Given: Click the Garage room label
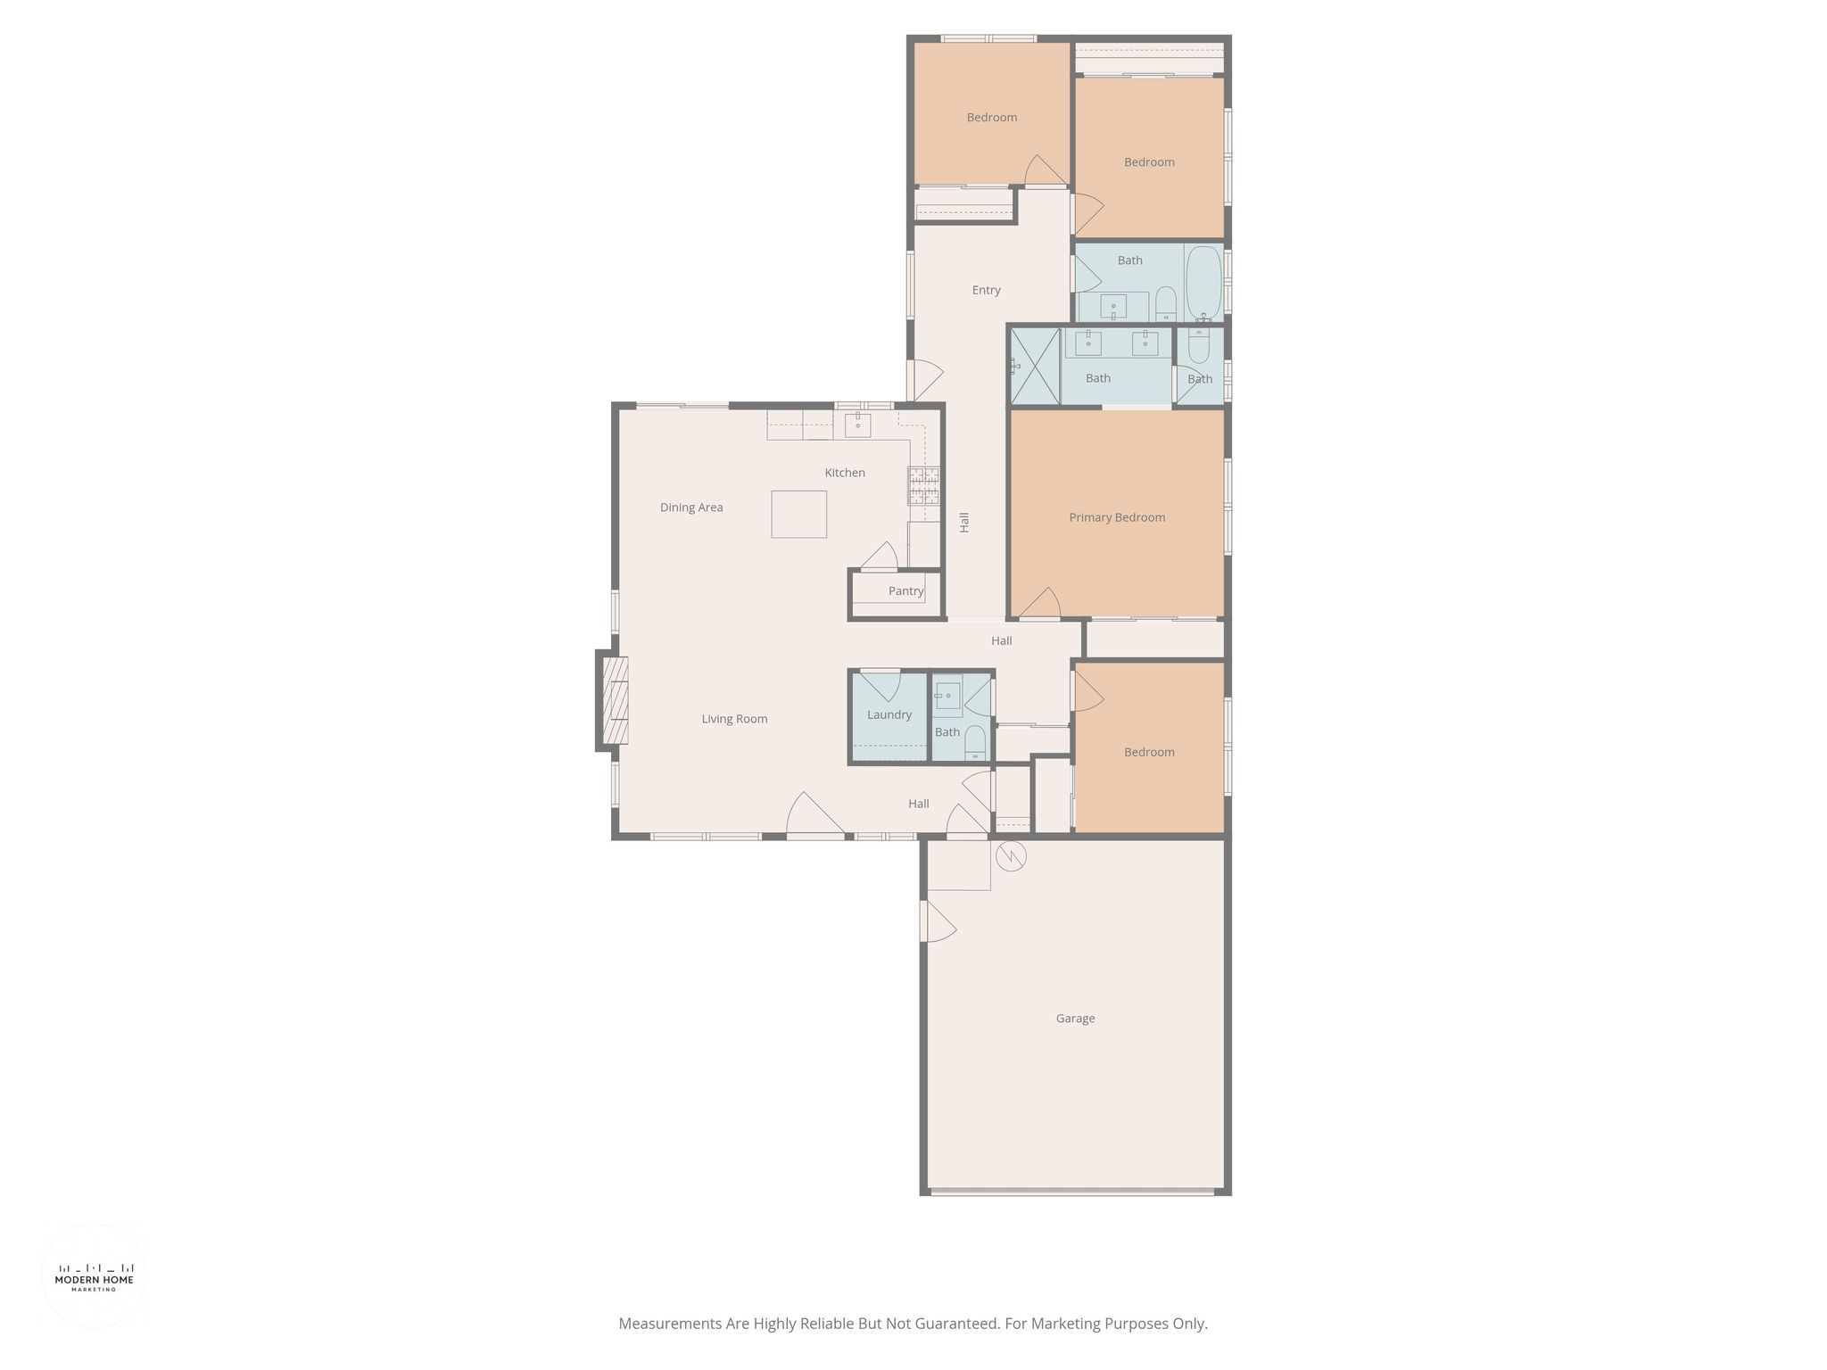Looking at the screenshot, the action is coord(1075,1019).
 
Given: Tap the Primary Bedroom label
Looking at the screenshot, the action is coord(1117,517).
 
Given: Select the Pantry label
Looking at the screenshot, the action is coord(905,591).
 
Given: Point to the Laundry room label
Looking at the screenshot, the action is coord(889,714).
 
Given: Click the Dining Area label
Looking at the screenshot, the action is coord(691,508).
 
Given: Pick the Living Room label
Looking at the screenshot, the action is coord(734,719).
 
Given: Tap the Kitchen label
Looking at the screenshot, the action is coord(845,473).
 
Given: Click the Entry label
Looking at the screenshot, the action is coord(986,290).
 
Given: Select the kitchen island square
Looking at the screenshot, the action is coord(798,514).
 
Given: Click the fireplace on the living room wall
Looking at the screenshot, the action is coord(615,700).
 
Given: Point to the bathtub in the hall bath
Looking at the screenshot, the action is coord(1203,282).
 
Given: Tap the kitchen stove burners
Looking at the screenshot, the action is coord(923,486).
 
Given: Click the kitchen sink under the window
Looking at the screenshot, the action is coord(857,424).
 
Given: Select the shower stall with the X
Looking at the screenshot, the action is coord(1035,366).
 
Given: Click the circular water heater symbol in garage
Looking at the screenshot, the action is coord(1012,856).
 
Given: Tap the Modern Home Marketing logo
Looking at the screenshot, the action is coord(94,1276).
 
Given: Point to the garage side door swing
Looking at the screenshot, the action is coord(938,920).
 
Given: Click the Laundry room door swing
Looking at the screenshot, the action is coord(880,685).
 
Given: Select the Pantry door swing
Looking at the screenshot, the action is coord(880,556).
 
